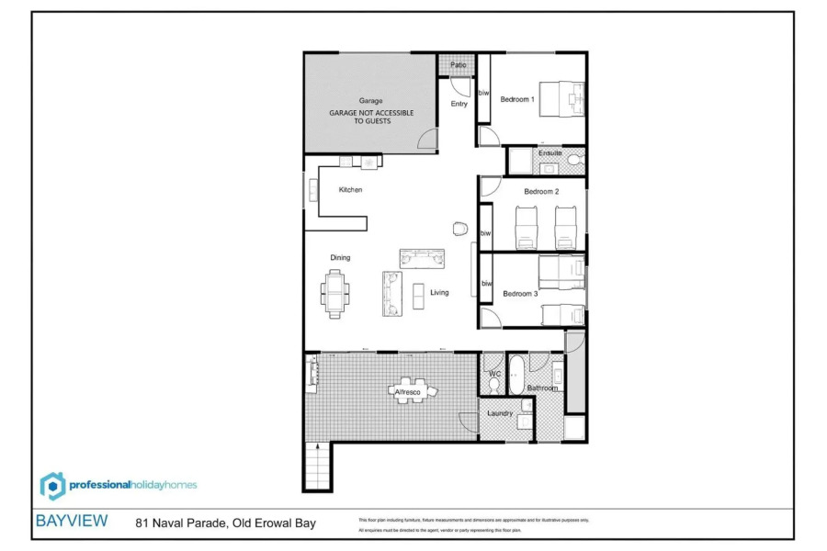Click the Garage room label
pyautogui.click(x=370, y=101)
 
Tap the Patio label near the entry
pyautogui.click(x=458, y=65)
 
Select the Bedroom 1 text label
pyautogui.click(x=517, y=99)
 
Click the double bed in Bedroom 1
pyautogui.click(x=561, y=98)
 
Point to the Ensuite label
pyautogui.click(x=549, y=152)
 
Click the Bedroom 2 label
pyautogui.click(x=541, y=191)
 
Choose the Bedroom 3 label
pyautogui.click(x=519, y=294)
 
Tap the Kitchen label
pyautogui.click(x=350, y=190)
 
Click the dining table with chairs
pyautogui.click(x=334, y=292)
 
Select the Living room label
pyautogui.click(x=439, y=293)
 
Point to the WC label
pyautogui.click(x=493, y=374)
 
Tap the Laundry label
pyautogui.click(x=500, y=413)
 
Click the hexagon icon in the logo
pyautogui.click(x=53, y=485)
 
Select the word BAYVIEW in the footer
pyautogui.click(x=71, y=521)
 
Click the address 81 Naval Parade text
pyautogui.click(x=225, y=523)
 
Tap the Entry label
pyautogui.click(x=459, y=104)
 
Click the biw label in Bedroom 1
pyautogui.click(x=483, y=93)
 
